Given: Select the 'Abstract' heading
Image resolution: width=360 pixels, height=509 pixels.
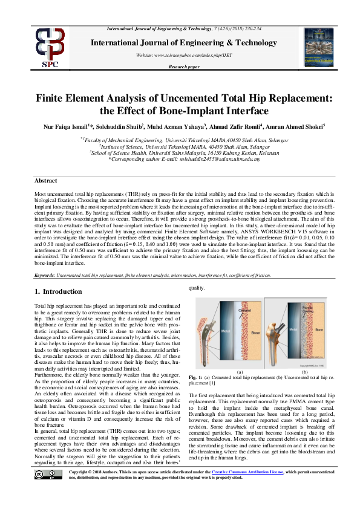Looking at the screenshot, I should [x=45, y=181].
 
